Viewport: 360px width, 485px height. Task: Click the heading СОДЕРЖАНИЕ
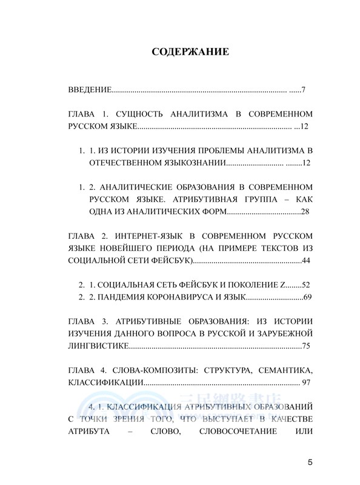pyautogui.click(x=190, y=52)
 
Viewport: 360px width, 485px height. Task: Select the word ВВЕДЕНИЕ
pyautogui.click(x=88, y=90)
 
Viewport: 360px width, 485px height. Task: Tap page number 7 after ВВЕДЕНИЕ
pyautogui.click(x=302, y=90)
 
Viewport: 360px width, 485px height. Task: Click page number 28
pyautogui.click(x=305, y=211)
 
